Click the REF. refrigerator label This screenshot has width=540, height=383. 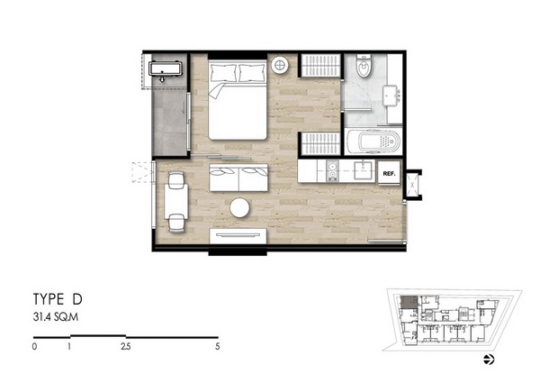389,174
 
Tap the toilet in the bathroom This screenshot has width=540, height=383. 363,66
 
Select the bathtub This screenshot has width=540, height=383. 373,141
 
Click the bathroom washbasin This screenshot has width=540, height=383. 391,96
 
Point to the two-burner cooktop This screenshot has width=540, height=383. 333,171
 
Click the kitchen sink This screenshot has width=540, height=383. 364,170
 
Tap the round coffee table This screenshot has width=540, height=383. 239,207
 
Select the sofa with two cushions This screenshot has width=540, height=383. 238,178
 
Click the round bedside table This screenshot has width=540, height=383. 280,65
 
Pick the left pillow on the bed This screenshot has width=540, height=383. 224,72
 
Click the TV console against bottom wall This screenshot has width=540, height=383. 238,236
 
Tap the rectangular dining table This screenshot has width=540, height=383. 176,201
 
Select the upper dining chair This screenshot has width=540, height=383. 176,180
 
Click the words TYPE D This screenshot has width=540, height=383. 58,299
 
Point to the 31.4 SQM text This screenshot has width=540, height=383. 56,317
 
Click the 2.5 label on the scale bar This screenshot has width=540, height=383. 126,346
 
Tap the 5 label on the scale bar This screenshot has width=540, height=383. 217,346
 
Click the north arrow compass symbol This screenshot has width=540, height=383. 489,360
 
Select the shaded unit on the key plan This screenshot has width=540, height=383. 409,302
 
